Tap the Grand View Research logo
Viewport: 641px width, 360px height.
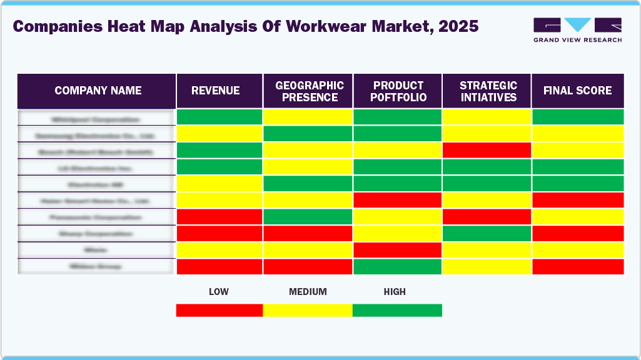point(577,29)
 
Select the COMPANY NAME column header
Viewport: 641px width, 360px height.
point(98,91)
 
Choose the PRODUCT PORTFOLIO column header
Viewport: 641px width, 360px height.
point(398,91)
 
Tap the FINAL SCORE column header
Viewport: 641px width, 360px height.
point(577,91)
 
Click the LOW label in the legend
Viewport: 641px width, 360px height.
point(218,292)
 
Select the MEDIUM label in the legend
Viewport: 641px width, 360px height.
point(308,292)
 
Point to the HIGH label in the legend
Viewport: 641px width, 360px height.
point(395,292)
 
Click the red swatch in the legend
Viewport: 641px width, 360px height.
point(219,310)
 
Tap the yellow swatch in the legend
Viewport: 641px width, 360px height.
point(308,310)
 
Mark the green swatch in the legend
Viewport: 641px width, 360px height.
point(397,310)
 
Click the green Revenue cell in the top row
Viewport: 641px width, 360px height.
point(220,117)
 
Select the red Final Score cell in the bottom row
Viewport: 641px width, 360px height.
point(577,266)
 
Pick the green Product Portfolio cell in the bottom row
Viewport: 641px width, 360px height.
point(398,266)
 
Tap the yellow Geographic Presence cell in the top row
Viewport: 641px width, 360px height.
point(308,117)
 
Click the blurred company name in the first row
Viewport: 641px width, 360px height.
point(96,118)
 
